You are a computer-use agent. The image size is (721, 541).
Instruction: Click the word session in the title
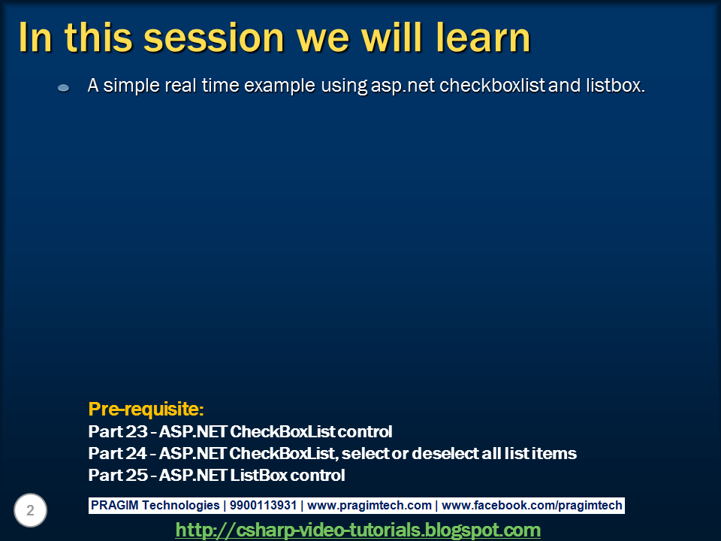coord(214,38)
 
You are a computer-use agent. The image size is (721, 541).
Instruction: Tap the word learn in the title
coord(483,38)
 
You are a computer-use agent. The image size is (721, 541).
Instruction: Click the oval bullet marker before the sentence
coord(63,87)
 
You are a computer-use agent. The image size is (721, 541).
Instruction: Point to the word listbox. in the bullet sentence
coord(616,86)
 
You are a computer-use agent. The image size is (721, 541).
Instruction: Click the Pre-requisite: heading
coord(146,409)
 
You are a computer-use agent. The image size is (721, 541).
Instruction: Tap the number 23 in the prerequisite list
coord(136,431)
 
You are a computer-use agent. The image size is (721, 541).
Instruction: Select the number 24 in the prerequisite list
coord(136,453)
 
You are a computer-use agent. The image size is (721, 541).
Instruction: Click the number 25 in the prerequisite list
coord(136,475)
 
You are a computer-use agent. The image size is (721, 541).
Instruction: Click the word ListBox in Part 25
coord(259,475)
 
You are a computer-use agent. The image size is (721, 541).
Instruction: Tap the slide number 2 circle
coord(30,510)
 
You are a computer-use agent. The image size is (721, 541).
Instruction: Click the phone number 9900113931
coord(263,505)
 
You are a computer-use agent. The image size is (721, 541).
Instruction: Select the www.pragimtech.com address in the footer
coord(370,506)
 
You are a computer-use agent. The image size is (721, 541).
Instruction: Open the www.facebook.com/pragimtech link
coord(532,506)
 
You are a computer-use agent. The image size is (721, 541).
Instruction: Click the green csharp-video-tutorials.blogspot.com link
coord(357,530)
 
